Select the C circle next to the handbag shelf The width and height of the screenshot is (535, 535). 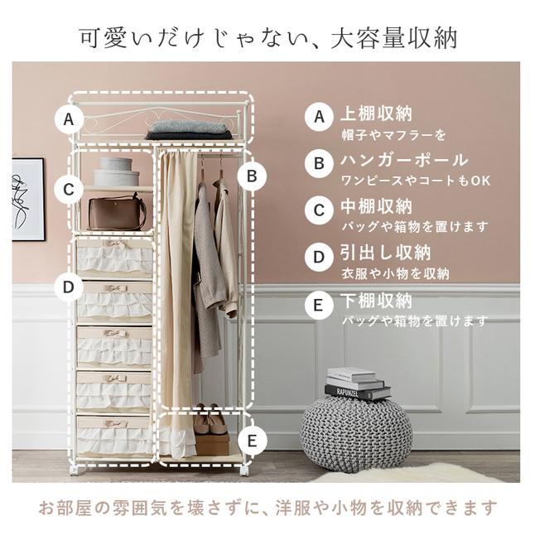pyautogui.click(x=70, y=190)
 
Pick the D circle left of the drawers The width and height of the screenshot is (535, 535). pyautogui.click(x=70, y=287)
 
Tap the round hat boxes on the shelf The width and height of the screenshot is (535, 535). pyautogui.click(x=116, y=171)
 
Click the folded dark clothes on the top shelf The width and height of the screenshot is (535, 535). pyautogui.click(x=190, y=130)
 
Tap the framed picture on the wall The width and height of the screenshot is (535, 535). pyautogui.click(x=27, y=200)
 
